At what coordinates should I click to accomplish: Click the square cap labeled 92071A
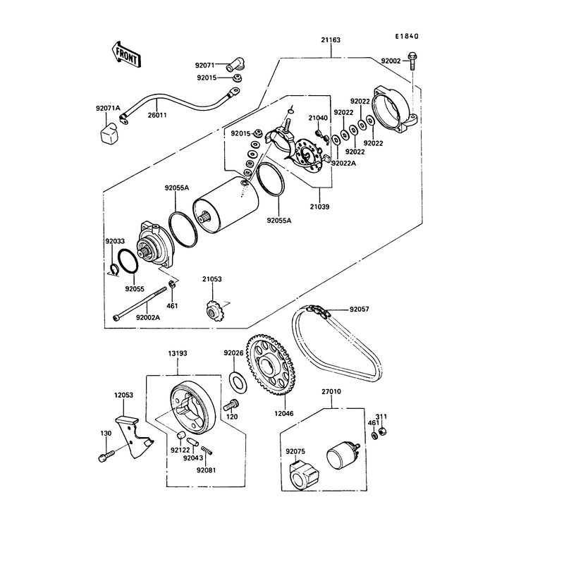[110, 132]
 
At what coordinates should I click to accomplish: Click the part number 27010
[331, 390]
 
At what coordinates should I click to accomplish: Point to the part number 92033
[115, 241]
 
